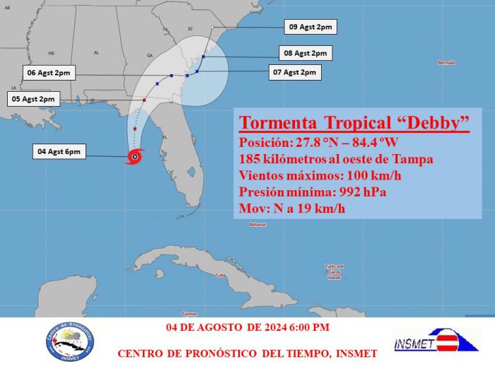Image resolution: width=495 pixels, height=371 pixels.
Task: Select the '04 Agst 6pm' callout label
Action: [x=59, y=151]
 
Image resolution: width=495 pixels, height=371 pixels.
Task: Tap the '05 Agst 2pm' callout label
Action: [x=33, y=100]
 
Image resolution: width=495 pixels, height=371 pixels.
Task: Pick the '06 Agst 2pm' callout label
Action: [x=47, y=73]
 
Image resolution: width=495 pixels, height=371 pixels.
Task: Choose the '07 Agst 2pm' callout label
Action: [x=296, y=72]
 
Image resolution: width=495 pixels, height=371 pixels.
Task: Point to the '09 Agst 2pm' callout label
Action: [x=310, y=27]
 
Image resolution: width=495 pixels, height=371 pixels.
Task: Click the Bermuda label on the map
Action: [x=446, y=63]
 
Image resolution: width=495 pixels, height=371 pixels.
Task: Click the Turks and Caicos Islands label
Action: [x=334, y=271]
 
